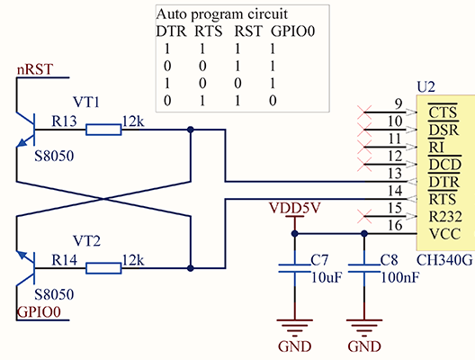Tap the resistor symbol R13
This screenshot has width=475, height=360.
103,130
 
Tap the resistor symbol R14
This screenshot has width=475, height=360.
103,267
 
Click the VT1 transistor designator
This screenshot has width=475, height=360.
86,102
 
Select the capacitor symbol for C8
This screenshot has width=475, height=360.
363,267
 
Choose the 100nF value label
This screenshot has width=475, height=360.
399,276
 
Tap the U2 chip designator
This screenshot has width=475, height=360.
426,86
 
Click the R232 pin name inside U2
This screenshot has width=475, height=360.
446,216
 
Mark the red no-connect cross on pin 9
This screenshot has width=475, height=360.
364,112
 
